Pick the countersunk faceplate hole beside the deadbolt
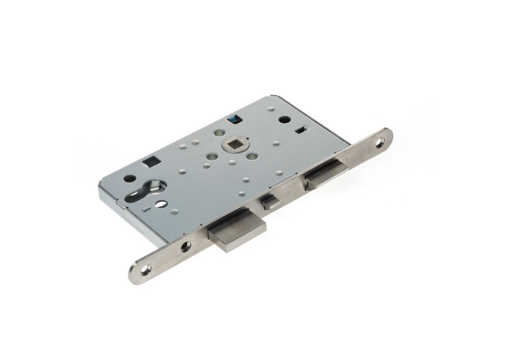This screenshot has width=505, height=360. [185, 246]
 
